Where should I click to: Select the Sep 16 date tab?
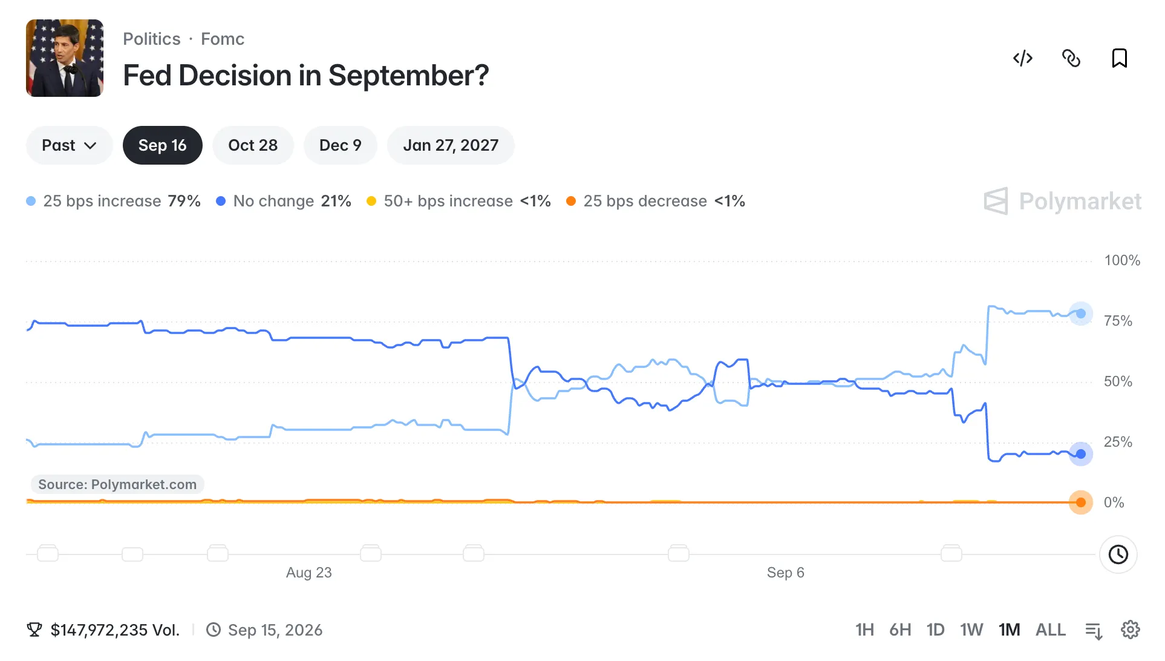[x=162, y=145]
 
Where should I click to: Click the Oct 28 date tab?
[x=253, y=145]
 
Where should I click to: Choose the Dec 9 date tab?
[x=340, y=145]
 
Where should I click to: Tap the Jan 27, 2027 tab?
[x=451, y=145]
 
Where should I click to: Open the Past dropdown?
[x=69, y=145]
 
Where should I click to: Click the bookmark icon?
[x=1120, y=58]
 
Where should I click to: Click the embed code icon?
[x=1023, y=58]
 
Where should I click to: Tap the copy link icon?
[x=1071, y=58]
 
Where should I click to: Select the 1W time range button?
[x=971, y=630]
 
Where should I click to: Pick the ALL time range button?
[x=1051, y=630]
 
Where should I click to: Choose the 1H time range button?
[x=864, y=630]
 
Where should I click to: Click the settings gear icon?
[x=1131, y=630]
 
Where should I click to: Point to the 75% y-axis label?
[x=1118, y=321]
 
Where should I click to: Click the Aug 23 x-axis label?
[x=309, y=573]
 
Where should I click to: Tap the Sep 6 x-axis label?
[x=786, y=573]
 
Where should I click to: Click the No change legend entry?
[x=284, y=201]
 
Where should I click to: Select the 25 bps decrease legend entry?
[x=656, y=201]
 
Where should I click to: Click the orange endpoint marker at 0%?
[x=1081, y=502]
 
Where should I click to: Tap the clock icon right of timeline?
[x=1118, y=554]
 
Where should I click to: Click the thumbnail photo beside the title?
[x=65, y=58]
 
